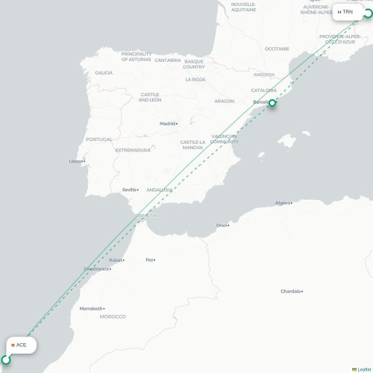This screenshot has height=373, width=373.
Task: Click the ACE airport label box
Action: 20,345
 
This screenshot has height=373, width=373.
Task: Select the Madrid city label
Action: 168,124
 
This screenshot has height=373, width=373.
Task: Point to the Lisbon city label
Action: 77,161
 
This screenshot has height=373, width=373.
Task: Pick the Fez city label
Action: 150,260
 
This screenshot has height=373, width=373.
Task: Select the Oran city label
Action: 222,225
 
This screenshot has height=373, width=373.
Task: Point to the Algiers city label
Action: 283,202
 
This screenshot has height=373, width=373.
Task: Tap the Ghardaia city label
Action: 292,291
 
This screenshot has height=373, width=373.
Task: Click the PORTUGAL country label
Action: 98,140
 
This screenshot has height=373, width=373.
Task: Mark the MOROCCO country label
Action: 113,317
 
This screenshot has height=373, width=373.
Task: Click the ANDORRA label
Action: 263,75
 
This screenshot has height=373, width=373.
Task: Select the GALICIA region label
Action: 104,72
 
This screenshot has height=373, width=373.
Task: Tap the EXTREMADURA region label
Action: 132,150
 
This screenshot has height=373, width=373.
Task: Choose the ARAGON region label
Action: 224,101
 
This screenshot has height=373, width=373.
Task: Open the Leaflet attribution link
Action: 363,369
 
